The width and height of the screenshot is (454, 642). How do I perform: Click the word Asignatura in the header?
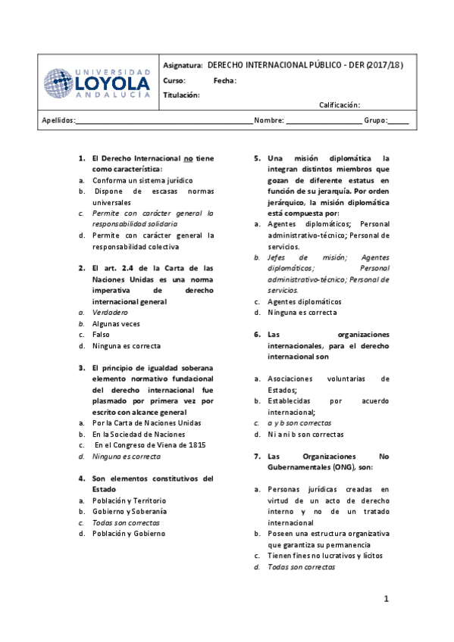pos(183,65)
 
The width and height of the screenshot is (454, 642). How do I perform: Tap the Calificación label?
pos(339,105)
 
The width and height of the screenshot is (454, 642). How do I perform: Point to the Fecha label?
pos(224,80)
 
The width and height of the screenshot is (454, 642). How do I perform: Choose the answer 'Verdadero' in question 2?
pos(110,312)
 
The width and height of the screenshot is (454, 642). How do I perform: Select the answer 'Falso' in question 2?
pos(101,334)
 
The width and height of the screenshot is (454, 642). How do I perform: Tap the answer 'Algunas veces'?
pos(116,323)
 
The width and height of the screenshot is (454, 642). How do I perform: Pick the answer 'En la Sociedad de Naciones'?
pos(139,435)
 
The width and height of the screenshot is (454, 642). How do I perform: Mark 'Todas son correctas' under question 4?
pos(126,522)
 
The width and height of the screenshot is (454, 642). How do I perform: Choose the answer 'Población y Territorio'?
pos(129,500)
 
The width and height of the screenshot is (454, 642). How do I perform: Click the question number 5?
pos(256,158)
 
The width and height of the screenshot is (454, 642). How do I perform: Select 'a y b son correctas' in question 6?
pos(299,423)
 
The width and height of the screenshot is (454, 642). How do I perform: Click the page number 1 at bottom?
pos(385,600)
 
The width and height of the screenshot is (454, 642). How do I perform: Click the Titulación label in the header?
pos(181,95)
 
